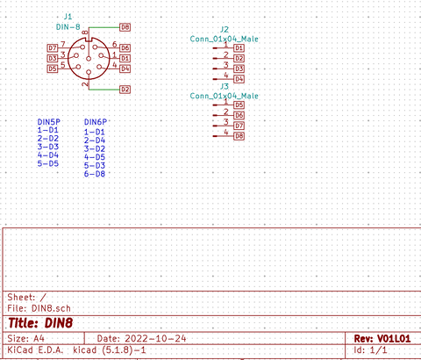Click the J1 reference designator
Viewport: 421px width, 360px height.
(x=68, y=17)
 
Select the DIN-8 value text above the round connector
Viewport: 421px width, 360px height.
(x=68, y=28)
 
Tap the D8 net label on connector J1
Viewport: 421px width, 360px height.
(x=125, y=28)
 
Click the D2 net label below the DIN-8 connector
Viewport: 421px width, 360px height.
(x=125, y=90)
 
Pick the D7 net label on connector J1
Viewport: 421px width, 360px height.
(x=53, y=47)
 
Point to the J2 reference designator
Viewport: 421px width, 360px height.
(x=225, y=29)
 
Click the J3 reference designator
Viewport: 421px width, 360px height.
(x=225, y=87)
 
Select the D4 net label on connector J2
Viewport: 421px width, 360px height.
(x=239, y=79)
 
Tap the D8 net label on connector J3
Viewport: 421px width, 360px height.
(x=239, y=136)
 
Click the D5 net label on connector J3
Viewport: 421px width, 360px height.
(x=239, y=104)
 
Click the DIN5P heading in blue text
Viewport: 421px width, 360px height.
(x=48, y=121)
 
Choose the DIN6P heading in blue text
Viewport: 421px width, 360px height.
(x=96, y=121)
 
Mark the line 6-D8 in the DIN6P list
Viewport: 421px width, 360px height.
(x=95, y=174)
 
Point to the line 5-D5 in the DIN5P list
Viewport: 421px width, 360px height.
(x=47, y=163)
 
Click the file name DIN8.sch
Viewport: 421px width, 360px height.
(x=50, y=308)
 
